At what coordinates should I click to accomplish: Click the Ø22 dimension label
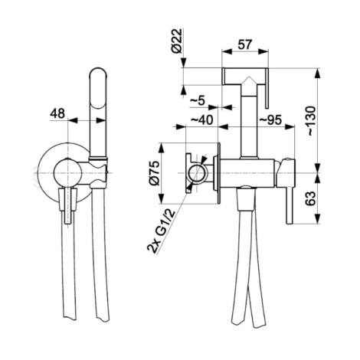click(x=177, y=41)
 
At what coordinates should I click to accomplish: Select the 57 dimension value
click(x=245, y=44)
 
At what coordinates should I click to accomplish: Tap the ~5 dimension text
click(x=198, y=101)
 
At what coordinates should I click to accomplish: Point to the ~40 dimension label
click(x=201, y=119)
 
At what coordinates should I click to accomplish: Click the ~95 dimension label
click(x=270, y=119)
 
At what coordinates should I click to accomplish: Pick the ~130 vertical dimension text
click(x=311, y=120)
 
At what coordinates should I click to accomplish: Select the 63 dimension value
click(x=311, y=198)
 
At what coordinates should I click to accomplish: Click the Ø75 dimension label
click(x=154, y=173)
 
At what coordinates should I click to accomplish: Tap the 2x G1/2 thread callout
click(x=161, y=231)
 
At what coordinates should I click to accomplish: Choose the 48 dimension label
click(x=57, y=113)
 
